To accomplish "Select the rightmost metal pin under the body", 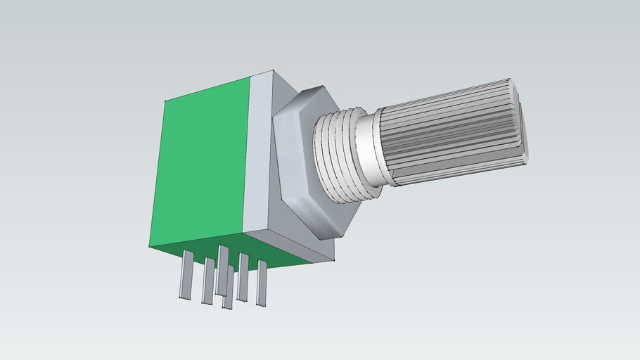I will [x=262, y=283].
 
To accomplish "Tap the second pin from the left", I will [x=207, y=281].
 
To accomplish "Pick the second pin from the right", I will [x=243, y=277].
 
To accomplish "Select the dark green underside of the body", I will [x=232, y=249].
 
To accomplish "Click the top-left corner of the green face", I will [x=165, y=101].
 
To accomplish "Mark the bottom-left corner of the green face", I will [x=149, y=245].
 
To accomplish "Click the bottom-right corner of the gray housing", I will [x=333, y=261].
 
